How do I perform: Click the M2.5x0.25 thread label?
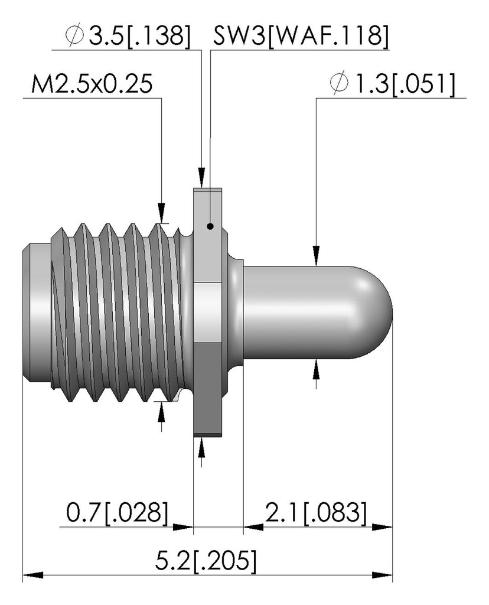click(x=92, y=84)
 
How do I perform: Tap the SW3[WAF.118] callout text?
click(x=301, y=37)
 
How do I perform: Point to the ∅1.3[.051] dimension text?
click(x=392, y=84)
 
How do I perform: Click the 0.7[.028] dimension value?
click(x=118, y=513)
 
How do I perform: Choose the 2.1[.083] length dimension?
click(x=315, y=513)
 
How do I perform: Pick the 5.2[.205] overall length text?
click(x=206, y=561)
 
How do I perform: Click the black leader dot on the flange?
click(x=210, y=226)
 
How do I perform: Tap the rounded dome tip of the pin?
click(x=376, y=312)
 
